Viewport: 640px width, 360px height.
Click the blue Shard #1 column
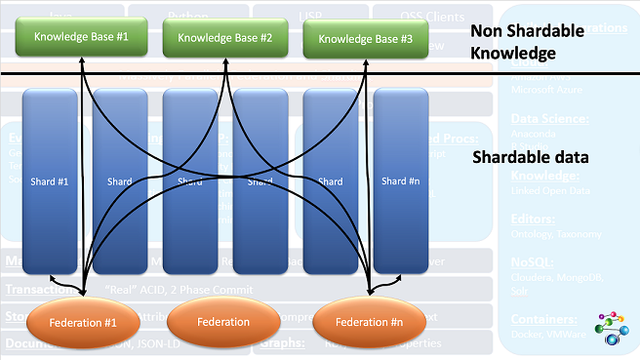point(48,180)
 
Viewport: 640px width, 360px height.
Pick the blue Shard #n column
point(401,180)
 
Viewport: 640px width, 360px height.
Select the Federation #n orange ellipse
point(370,322)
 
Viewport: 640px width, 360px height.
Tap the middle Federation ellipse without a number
point(224,322)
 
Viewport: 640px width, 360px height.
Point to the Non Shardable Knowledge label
point(528,40)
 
